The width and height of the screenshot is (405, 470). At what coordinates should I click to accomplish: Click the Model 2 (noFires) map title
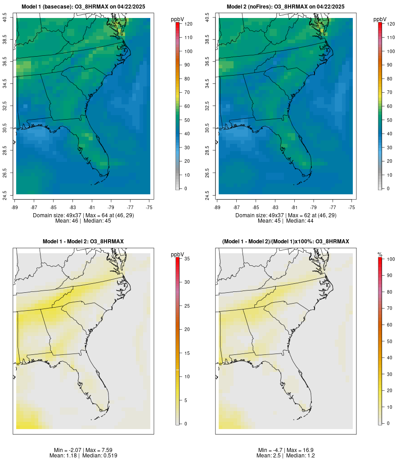[286, 7]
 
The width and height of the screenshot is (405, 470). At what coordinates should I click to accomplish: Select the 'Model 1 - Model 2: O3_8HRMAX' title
[83, 242]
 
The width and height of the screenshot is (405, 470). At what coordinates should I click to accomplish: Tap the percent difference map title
[286, 242]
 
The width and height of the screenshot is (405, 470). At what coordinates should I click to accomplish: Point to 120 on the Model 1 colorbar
[188, 24]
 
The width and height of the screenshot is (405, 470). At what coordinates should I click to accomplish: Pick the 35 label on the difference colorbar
[186, 259]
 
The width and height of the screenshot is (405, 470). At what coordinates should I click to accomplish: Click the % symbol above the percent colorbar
[380, 255]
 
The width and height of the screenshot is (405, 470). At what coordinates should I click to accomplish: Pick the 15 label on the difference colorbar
[186, 353]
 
